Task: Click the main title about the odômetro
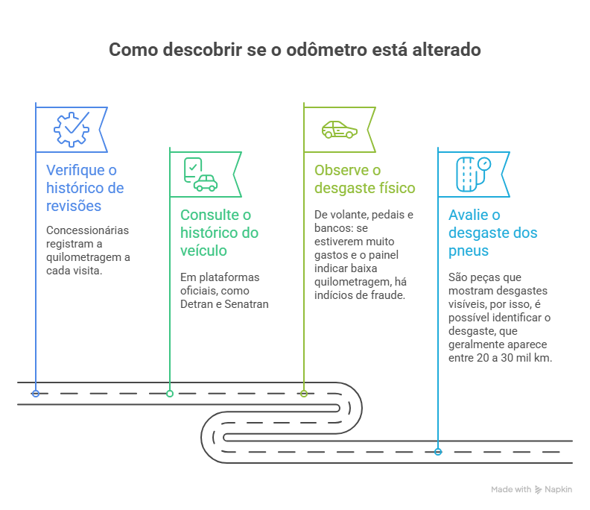[x=295, y=50]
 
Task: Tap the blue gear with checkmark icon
[x=72, y=129]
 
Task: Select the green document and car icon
[x=200, y=174]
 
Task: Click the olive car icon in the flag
[x=339, y=129]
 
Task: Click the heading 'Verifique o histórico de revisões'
[x=85, y=187]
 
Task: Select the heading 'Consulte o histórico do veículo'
[x=219, y=233]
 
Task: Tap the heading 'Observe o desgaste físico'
[x=364, y=179]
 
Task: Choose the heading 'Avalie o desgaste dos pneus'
[x=492, y=233]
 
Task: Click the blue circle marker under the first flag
[x=36, y=393]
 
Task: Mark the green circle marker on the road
[x=170, y=393]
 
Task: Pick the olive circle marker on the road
[x=304, y=393]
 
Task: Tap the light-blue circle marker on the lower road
[x=438, y=451]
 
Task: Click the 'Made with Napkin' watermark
[x=531, y=490]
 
